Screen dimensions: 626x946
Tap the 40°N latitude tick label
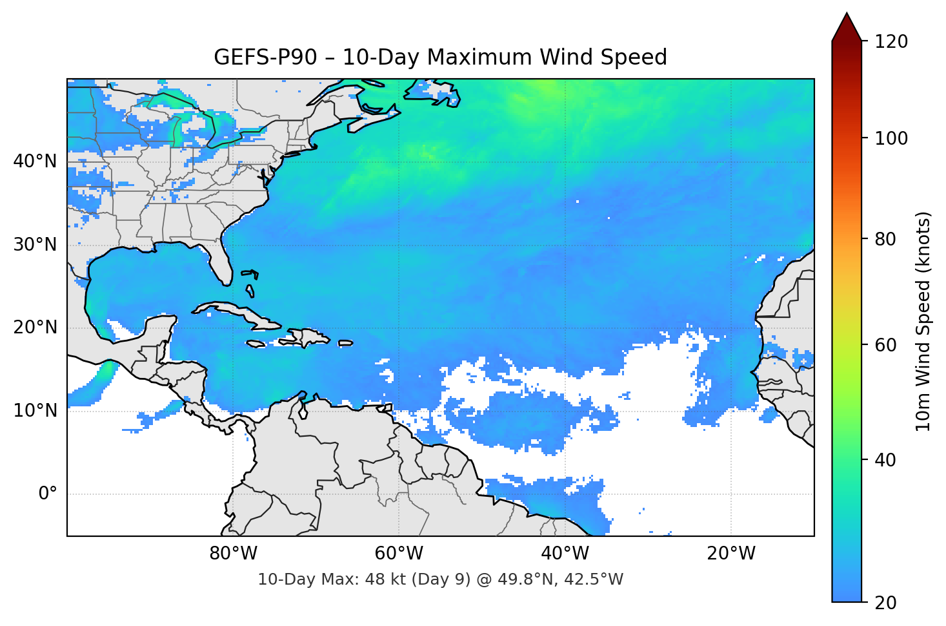tap(35, 161)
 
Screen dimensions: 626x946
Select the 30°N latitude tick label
tap(35, 244)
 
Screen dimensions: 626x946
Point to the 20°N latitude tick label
tap(35, 328)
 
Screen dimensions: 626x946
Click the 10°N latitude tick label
tap(35, 411)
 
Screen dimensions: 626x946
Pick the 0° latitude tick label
tap(48, 494)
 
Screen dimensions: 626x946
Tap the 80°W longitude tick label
tap(233, 554)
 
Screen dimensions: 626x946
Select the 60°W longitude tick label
tap(399, 554)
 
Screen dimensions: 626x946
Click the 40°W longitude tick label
tap(565, 554)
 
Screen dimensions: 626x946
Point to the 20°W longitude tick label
tap(730, 554)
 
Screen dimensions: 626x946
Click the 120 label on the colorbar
tap(891, 41)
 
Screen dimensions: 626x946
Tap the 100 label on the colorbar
tap(891, 138)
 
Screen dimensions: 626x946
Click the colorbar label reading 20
tap(885, 602)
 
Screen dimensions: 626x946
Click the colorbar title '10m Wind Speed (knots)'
tap(923, 321)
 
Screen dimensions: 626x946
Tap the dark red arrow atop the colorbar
tap(847, 27)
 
